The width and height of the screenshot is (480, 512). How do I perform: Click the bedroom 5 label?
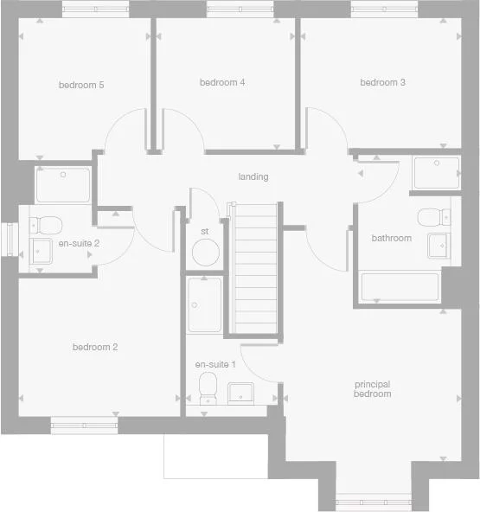pyautogui.click(x=81, y=85)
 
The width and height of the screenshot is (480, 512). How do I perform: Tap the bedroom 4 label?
pyautogui.click(x=222, y=83)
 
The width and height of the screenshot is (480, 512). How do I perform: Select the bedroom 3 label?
pyautogui.click(x=383, y=83)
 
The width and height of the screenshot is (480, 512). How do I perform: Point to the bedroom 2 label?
pyautogui.click(x=95, y=348)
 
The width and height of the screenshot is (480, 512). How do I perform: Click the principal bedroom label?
pyautogui.click(x=373, y=388)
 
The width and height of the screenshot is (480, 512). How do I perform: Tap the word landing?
pyautogui.click(x=253, y=177)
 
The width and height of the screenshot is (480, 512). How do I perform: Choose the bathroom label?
pyautogui.click(x=391, y=238)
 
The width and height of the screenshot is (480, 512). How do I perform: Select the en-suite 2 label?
pyautogui.click(x=80, y=243)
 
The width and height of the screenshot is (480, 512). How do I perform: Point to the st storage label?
pyautogui.click(x=205, y=232)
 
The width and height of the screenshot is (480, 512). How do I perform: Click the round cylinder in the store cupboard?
pyautogui.click(x=205, y=254)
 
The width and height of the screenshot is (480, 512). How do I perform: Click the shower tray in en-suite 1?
pyautogui.click(x=205, y=304)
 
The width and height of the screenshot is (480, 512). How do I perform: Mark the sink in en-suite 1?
pyautogui.click(x=241, y=394)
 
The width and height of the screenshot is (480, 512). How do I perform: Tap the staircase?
pyautogui.click(x=254, y=268)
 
